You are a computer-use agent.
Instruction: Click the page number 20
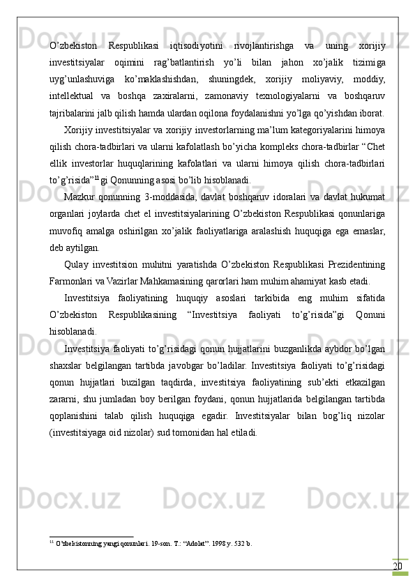pyautogui.click(x=398, y=565)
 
